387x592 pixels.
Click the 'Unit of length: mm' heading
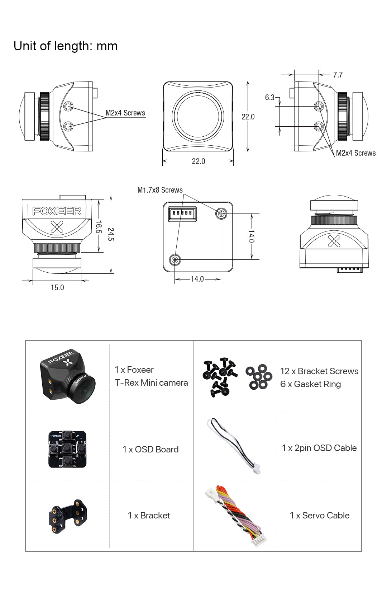pyautogui.click(x=66, y=46)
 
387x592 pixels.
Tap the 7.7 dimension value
pyautogui.click(x=338, y=75)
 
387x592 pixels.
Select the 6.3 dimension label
pyautogui.click(x=269, y=97)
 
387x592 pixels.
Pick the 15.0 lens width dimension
pyautogui.click(x=57, y=287)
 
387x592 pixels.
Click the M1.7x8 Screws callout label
pyautogui.click(x=160, y=190)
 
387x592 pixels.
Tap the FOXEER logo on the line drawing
pyautogui.click(x=57, y=211)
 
